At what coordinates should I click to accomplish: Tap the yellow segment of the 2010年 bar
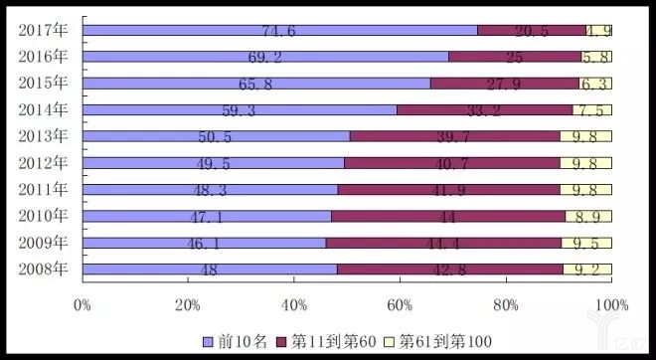[588, 216]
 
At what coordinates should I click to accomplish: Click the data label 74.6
[279, 31]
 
